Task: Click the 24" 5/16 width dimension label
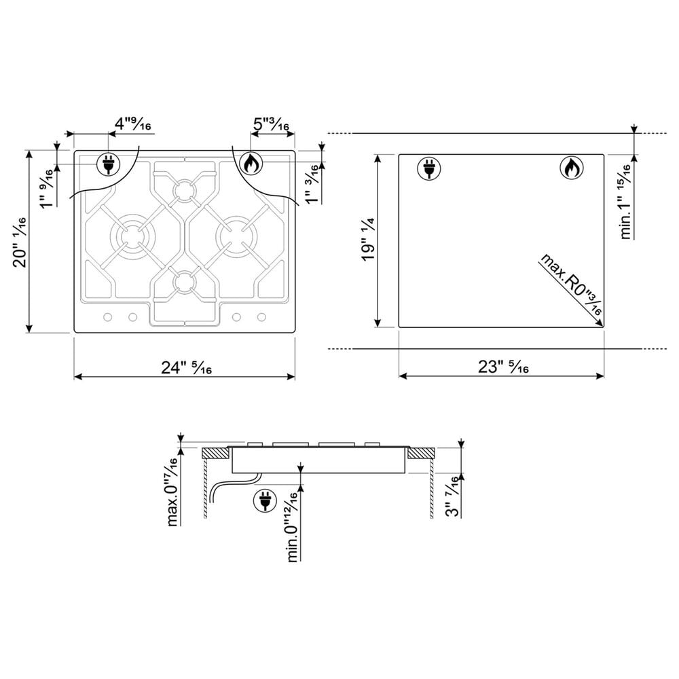coord(186,367)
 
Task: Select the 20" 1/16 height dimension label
coord(20,242)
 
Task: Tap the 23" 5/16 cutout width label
coord(503,367)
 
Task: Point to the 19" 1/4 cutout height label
coord(368,239)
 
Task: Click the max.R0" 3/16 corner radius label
coord(571,284)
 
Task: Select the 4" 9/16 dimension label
coord(132,124)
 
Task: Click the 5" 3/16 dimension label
coord(271,125)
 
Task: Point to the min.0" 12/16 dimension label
coord(293,527)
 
